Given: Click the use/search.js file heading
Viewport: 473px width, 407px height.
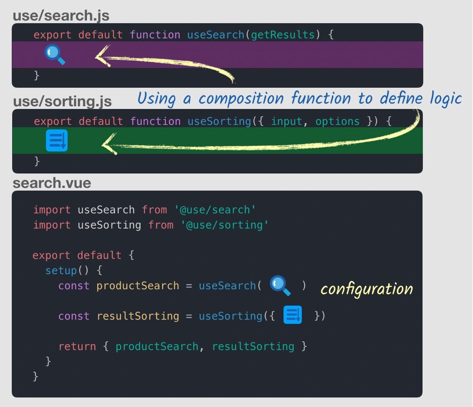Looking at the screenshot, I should [x=61, y=16].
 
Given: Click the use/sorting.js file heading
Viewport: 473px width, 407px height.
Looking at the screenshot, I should [x=62, y=102].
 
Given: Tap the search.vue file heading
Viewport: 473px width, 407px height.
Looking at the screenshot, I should [x=52, y=183].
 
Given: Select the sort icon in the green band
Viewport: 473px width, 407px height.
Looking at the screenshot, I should [x=57, y=140].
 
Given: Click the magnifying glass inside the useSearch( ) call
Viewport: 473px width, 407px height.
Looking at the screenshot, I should [x=280, y=286].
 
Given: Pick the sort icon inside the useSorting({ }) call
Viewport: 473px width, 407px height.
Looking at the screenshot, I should [x=293, y=315].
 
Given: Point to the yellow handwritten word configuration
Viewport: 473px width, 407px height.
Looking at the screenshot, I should [x=366, y=289].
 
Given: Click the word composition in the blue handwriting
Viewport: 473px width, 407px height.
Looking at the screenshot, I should [x=240, y=99].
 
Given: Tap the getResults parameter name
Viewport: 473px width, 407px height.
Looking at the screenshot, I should [x=283, y=35].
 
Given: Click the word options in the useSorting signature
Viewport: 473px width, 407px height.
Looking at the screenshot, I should [x=337, y=121].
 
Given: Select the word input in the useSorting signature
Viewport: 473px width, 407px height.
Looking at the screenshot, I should [x=286, y=121].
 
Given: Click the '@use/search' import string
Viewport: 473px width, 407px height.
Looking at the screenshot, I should [x=215, y=210].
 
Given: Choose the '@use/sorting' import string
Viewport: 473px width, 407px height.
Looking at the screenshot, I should [x=224, y=225].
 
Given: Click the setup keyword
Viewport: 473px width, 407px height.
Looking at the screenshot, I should [x=61, y=271].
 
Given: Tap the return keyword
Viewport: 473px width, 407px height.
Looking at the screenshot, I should [x=77, y=346].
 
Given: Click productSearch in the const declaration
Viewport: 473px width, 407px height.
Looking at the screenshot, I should [x=138, y=286].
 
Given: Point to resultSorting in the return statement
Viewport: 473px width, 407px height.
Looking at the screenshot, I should [x=253, y=346].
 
